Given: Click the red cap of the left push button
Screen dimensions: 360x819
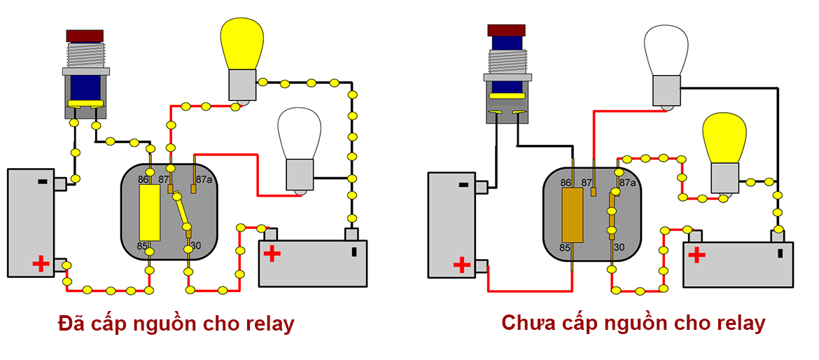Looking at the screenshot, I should click(85, 36).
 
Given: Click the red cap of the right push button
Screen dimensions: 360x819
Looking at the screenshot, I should click(506, 29).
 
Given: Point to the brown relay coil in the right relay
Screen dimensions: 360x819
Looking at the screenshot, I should click(572, 216).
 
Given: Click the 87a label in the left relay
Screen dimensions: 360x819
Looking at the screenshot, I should click(204, 179).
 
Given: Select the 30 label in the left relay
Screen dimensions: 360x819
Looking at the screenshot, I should click(196, 245).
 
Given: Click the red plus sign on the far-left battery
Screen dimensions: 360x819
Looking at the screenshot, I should click(41, 264).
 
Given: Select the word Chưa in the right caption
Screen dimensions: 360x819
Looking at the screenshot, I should click(526, 323).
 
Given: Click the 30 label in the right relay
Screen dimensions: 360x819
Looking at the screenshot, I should click(619, 247).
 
